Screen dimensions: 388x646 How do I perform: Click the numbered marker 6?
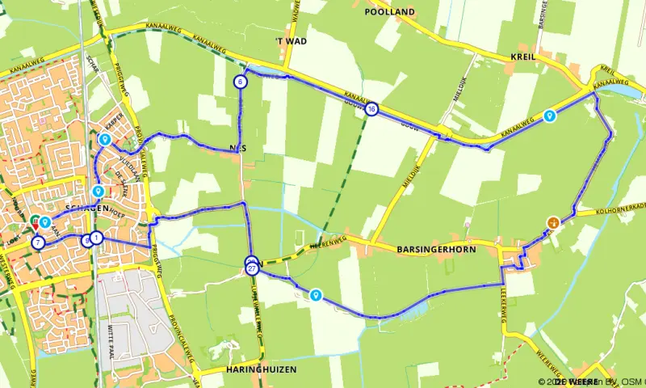[x=241, y=82]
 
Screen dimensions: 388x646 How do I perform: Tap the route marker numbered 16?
[x=371, y=109]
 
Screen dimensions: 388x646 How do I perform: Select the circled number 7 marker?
[x=38, y=242]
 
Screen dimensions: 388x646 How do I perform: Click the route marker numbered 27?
[x=253, y=268]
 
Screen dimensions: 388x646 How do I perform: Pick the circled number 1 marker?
[x=96, y=238]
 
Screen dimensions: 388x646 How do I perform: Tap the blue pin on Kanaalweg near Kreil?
[x=550, y=116]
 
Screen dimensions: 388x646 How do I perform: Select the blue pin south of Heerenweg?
[x=316, y=296]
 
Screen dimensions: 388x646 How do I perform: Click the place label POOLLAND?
[x=389, y=12]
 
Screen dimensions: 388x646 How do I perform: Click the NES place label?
[x=237, y=148]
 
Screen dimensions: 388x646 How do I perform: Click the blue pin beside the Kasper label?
[x=104, y=140]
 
